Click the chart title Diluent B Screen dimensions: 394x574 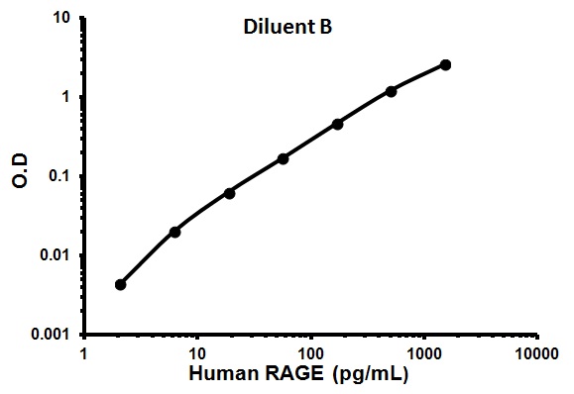(x=287, y=28)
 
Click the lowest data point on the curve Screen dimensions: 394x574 (x=121, y=284)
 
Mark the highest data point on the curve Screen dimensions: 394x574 (x=445, y=65)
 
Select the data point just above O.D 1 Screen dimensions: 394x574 (x=392, y=91)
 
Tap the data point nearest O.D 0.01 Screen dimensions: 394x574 (x=175, y=232)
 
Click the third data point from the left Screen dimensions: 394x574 (x=229, y=193)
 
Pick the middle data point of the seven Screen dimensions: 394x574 (x=284, y=158)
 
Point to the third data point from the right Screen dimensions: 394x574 (x=337, y=124)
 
